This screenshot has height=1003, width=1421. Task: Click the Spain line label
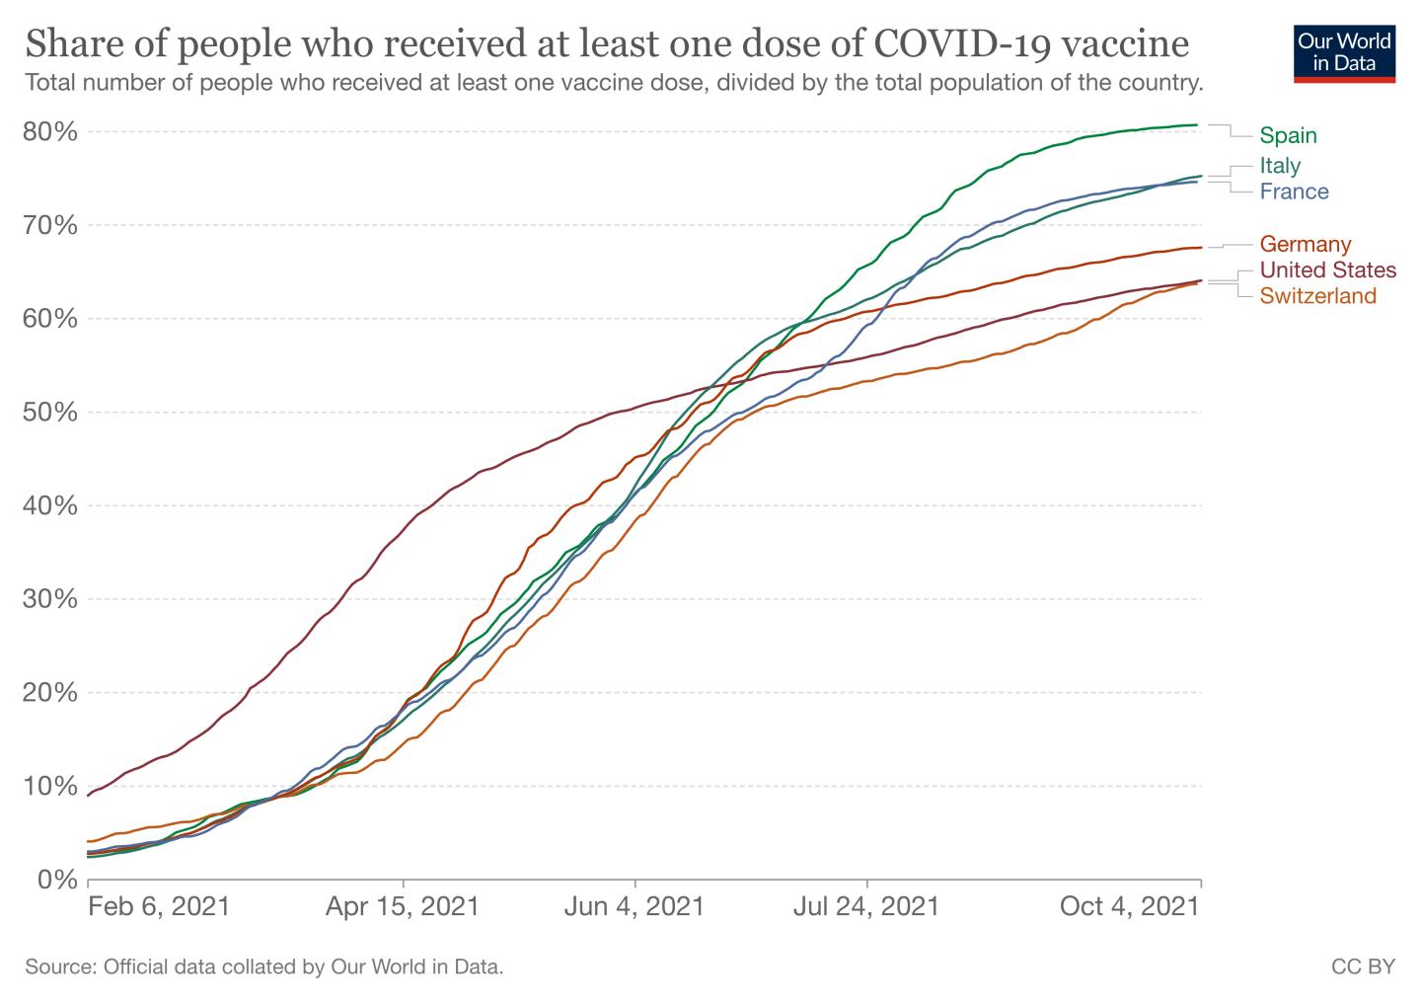pyautogui.click(x=1288, y=135)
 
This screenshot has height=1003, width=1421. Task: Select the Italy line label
pyautogui.click(x=1280, y=165)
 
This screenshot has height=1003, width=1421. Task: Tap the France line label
pyautogui.click(x=1294, y=192)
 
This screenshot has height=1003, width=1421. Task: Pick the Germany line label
pyautogui.click(x=1305, y=244)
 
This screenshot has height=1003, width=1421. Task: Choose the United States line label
pyautogui.click(x=1328, y=270)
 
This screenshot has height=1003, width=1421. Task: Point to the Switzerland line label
pyautogui.click(x=1317, y=296)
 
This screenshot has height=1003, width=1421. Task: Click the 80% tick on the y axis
pyautogui.click(x=50, y=132)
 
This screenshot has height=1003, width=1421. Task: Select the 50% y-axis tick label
pyautogui.click(x=50, y=413)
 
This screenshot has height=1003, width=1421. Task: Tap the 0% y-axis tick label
pyautogui.click(x=57, y=880)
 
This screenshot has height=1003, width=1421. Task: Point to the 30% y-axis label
pyautogui.click(x=50, y=599)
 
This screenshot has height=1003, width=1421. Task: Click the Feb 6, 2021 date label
pyautogui.click(x=159, y=906)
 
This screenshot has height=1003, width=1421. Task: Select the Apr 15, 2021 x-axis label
pyautogui.click(x=403, y=906)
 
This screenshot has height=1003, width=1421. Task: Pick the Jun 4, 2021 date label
pyautogui.click(x=635, y=906)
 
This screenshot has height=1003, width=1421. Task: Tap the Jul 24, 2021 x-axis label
pyautogui.click(x=866, y=906)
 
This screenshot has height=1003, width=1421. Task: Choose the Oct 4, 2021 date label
pyautogui.click(x=1129, y=906)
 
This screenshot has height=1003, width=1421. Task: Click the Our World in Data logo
pyautogui.click(x=1344, y=54)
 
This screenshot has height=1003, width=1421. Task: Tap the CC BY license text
pyautogui.click(x=1364, y=966)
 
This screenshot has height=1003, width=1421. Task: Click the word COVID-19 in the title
pyautogui.click(x=962, y=44)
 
